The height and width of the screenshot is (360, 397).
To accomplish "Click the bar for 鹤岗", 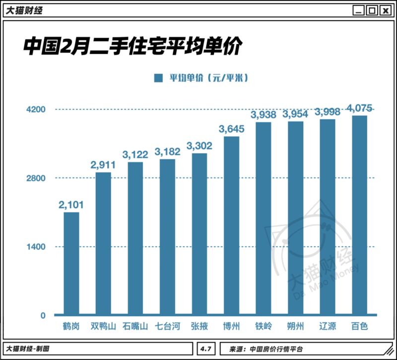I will click(x=71, y=264).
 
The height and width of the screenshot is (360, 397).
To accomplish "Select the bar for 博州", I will click(x=231, y=226).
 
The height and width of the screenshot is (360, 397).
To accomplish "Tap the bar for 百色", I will click(x=359, y=216).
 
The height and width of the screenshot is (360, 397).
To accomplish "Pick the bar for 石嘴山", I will click(x=135, y=239).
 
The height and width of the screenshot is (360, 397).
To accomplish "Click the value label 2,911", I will click(x=103, y=165).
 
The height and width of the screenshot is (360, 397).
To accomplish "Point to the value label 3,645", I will click(x=231, y=129).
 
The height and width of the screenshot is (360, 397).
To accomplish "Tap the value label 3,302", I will click(x=199, y=146).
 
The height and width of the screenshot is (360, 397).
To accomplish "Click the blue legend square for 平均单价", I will click(x=158, y=78).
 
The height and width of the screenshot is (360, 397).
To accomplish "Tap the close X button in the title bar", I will click(x=384, y=11).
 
